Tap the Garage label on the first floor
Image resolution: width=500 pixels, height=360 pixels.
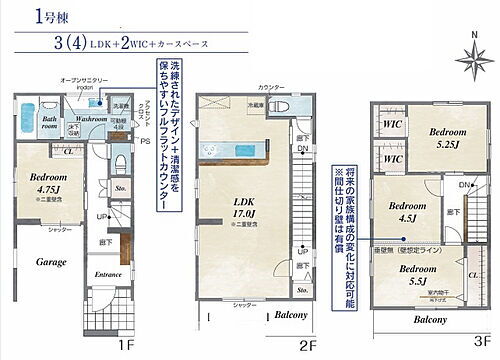point(37,261)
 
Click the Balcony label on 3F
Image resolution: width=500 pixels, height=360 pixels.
point(430,320)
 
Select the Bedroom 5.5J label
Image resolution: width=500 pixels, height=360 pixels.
point(413,276)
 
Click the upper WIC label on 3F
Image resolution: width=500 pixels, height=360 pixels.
point(394,125)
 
